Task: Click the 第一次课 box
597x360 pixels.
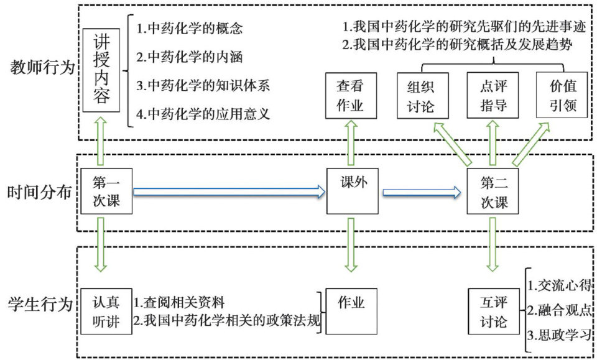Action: (x=102, y=192)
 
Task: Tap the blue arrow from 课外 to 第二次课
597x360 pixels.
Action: (x=422, y=193)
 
